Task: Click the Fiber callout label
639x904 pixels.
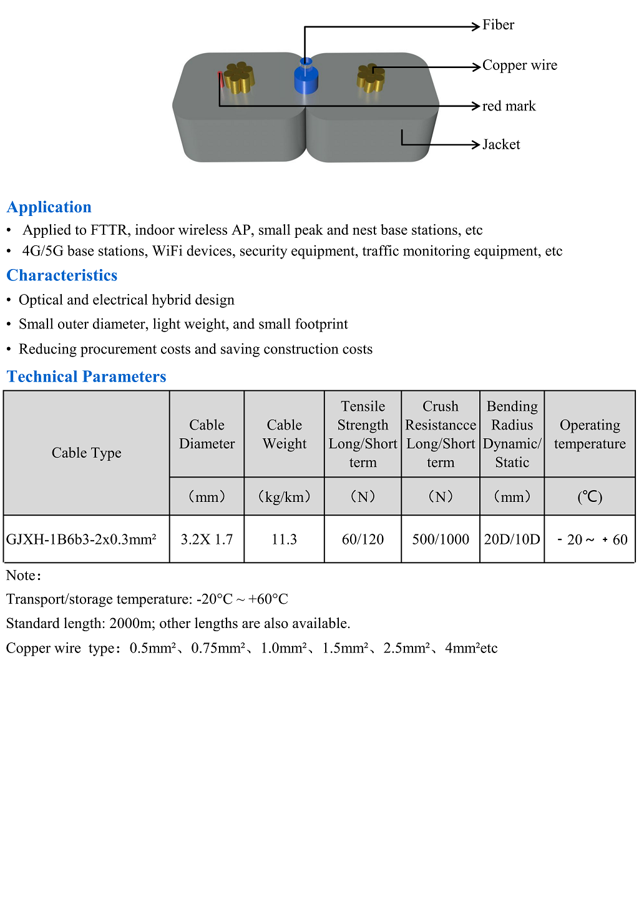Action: tap(498, 25)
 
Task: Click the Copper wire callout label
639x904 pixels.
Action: tap(519, 66)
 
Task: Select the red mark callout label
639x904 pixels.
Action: tap(509, 106)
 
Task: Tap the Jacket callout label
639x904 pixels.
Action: tap(500, 145)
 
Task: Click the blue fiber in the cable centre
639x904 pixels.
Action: tap(306, 77)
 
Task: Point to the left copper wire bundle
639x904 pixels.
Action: tap(239, 77)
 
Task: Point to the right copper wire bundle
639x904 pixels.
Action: tap(371, 78)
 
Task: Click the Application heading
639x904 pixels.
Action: tap(49, 207)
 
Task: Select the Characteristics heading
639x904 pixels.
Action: tap(62, 275)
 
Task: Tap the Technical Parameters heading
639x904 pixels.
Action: tap(86, 376)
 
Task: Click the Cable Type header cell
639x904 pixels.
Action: tap(87, 453)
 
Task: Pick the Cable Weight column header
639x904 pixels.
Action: tap(285, 435)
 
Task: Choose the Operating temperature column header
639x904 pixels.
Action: tap(590, 435)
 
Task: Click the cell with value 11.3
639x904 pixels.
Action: tap(285, 539)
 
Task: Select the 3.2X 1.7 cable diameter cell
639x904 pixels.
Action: tap(207, 539)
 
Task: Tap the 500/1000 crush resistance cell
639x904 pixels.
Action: tap(441, 539)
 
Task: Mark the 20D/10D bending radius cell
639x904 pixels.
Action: tap(512, 539)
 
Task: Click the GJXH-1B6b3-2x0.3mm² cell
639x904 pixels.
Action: tap(82, 539)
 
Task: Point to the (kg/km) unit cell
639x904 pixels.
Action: tap(285, 497)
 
